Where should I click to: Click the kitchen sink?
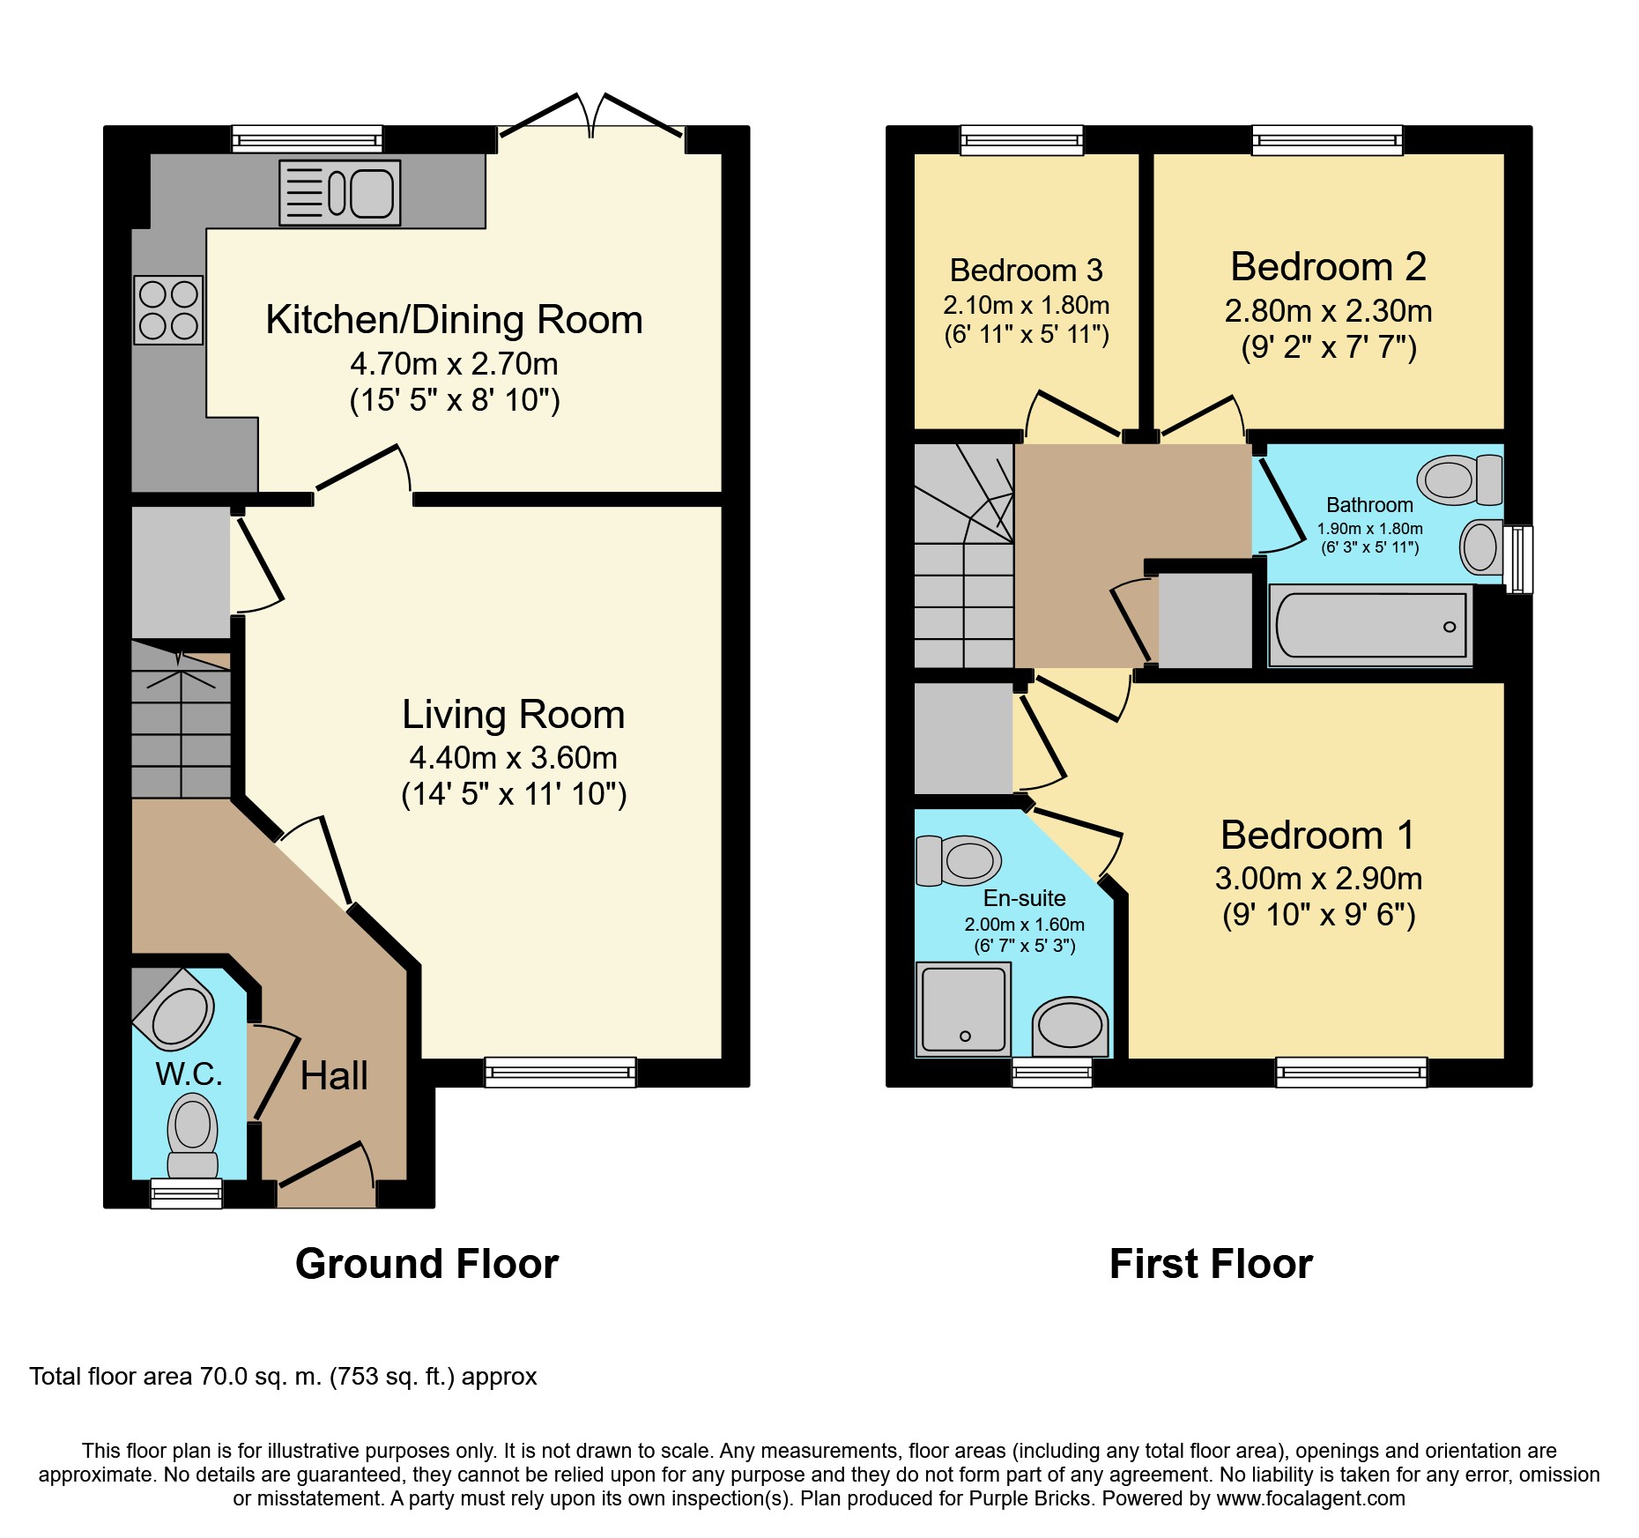(x=340, y=192)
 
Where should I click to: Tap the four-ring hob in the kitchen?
(x=168, y=310)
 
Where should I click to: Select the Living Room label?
(x=514, y=714)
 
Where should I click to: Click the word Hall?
(x=334, y=1075)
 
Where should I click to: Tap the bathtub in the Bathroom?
(x=1370, y=625)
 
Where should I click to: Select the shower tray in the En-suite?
(x=963, y=1009)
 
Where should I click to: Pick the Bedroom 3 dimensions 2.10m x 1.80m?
(x=1026, y=305)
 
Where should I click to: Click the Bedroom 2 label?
(x=1328, y=266)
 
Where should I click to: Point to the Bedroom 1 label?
(x=1317, y=835)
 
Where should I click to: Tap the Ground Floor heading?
(x=426, y=1264)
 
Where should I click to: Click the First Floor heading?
(x=1211, y=1264)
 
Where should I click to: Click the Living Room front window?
(x=560, y=1072)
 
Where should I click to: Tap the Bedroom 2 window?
(x=1327, y=140)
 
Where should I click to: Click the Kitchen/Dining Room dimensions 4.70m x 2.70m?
(x=454, y=364)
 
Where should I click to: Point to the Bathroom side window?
(x=1518, y=560)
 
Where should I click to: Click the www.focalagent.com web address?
(x=1311, y=1498)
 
